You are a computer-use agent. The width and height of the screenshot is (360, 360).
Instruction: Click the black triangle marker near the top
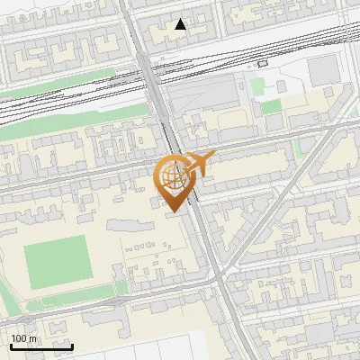tap(181, 24)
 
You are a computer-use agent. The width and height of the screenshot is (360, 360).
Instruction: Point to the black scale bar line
tap(41, 346)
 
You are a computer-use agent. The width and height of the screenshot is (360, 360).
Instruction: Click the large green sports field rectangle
tap(56, 262)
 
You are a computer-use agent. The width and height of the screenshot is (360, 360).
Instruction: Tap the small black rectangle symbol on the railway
tap(262, 64)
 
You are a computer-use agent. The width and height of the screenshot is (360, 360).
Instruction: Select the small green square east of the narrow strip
tap(121, 288)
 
